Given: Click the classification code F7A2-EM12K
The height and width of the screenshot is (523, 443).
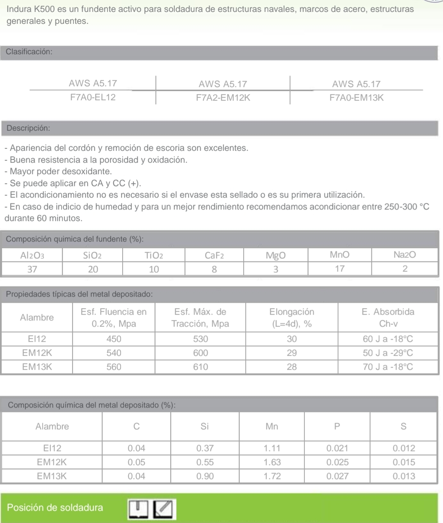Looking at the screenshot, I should click(x=223, y=98).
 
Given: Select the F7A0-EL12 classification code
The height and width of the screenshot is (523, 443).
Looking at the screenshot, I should click(x=93, y=97).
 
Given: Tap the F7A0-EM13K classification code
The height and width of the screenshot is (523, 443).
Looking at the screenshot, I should click(x=356, y=98).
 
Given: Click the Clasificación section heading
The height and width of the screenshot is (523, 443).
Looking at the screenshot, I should click(x=29, y=52).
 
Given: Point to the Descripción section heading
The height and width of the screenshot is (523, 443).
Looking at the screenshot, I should click(x=28, y=128).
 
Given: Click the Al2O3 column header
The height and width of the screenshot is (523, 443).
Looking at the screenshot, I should click(x=32, y=256).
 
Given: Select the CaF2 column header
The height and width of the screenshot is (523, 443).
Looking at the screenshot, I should click(x=214, y=256).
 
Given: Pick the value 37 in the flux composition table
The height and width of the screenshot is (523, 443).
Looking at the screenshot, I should click(x=32, y=269).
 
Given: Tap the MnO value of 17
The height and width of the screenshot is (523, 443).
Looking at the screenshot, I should click(x=340, y=269).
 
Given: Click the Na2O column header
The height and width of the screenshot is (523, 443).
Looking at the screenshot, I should click(x=404, y=255).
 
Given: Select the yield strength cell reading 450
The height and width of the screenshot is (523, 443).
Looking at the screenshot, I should click(x=114, y=339).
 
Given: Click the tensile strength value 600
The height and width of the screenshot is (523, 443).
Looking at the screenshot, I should click(x=201, y=353).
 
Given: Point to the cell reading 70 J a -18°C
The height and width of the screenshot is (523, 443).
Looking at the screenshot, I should click(x=388, y=367).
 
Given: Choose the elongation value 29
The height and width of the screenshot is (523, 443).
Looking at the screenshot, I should click(x=292, y=353).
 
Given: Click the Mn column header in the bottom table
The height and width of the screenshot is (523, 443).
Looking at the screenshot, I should click(x=272, y=426).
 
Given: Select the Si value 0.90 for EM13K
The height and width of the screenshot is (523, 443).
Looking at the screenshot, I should click(x=205, y=476).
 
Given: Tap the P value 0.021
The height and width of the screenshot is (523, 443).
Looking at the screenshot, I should click(x=337, y=448).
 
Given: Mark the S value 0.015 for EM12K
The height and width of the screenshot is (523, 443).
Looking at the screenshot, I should click(x=404, y=462).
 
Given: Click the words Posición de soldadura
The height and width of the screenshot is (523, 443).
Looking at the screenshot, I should click(x=55, y=507).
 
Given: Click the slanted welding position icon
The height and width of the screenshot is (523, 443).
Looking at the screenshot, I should click(x=164, y=509).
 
